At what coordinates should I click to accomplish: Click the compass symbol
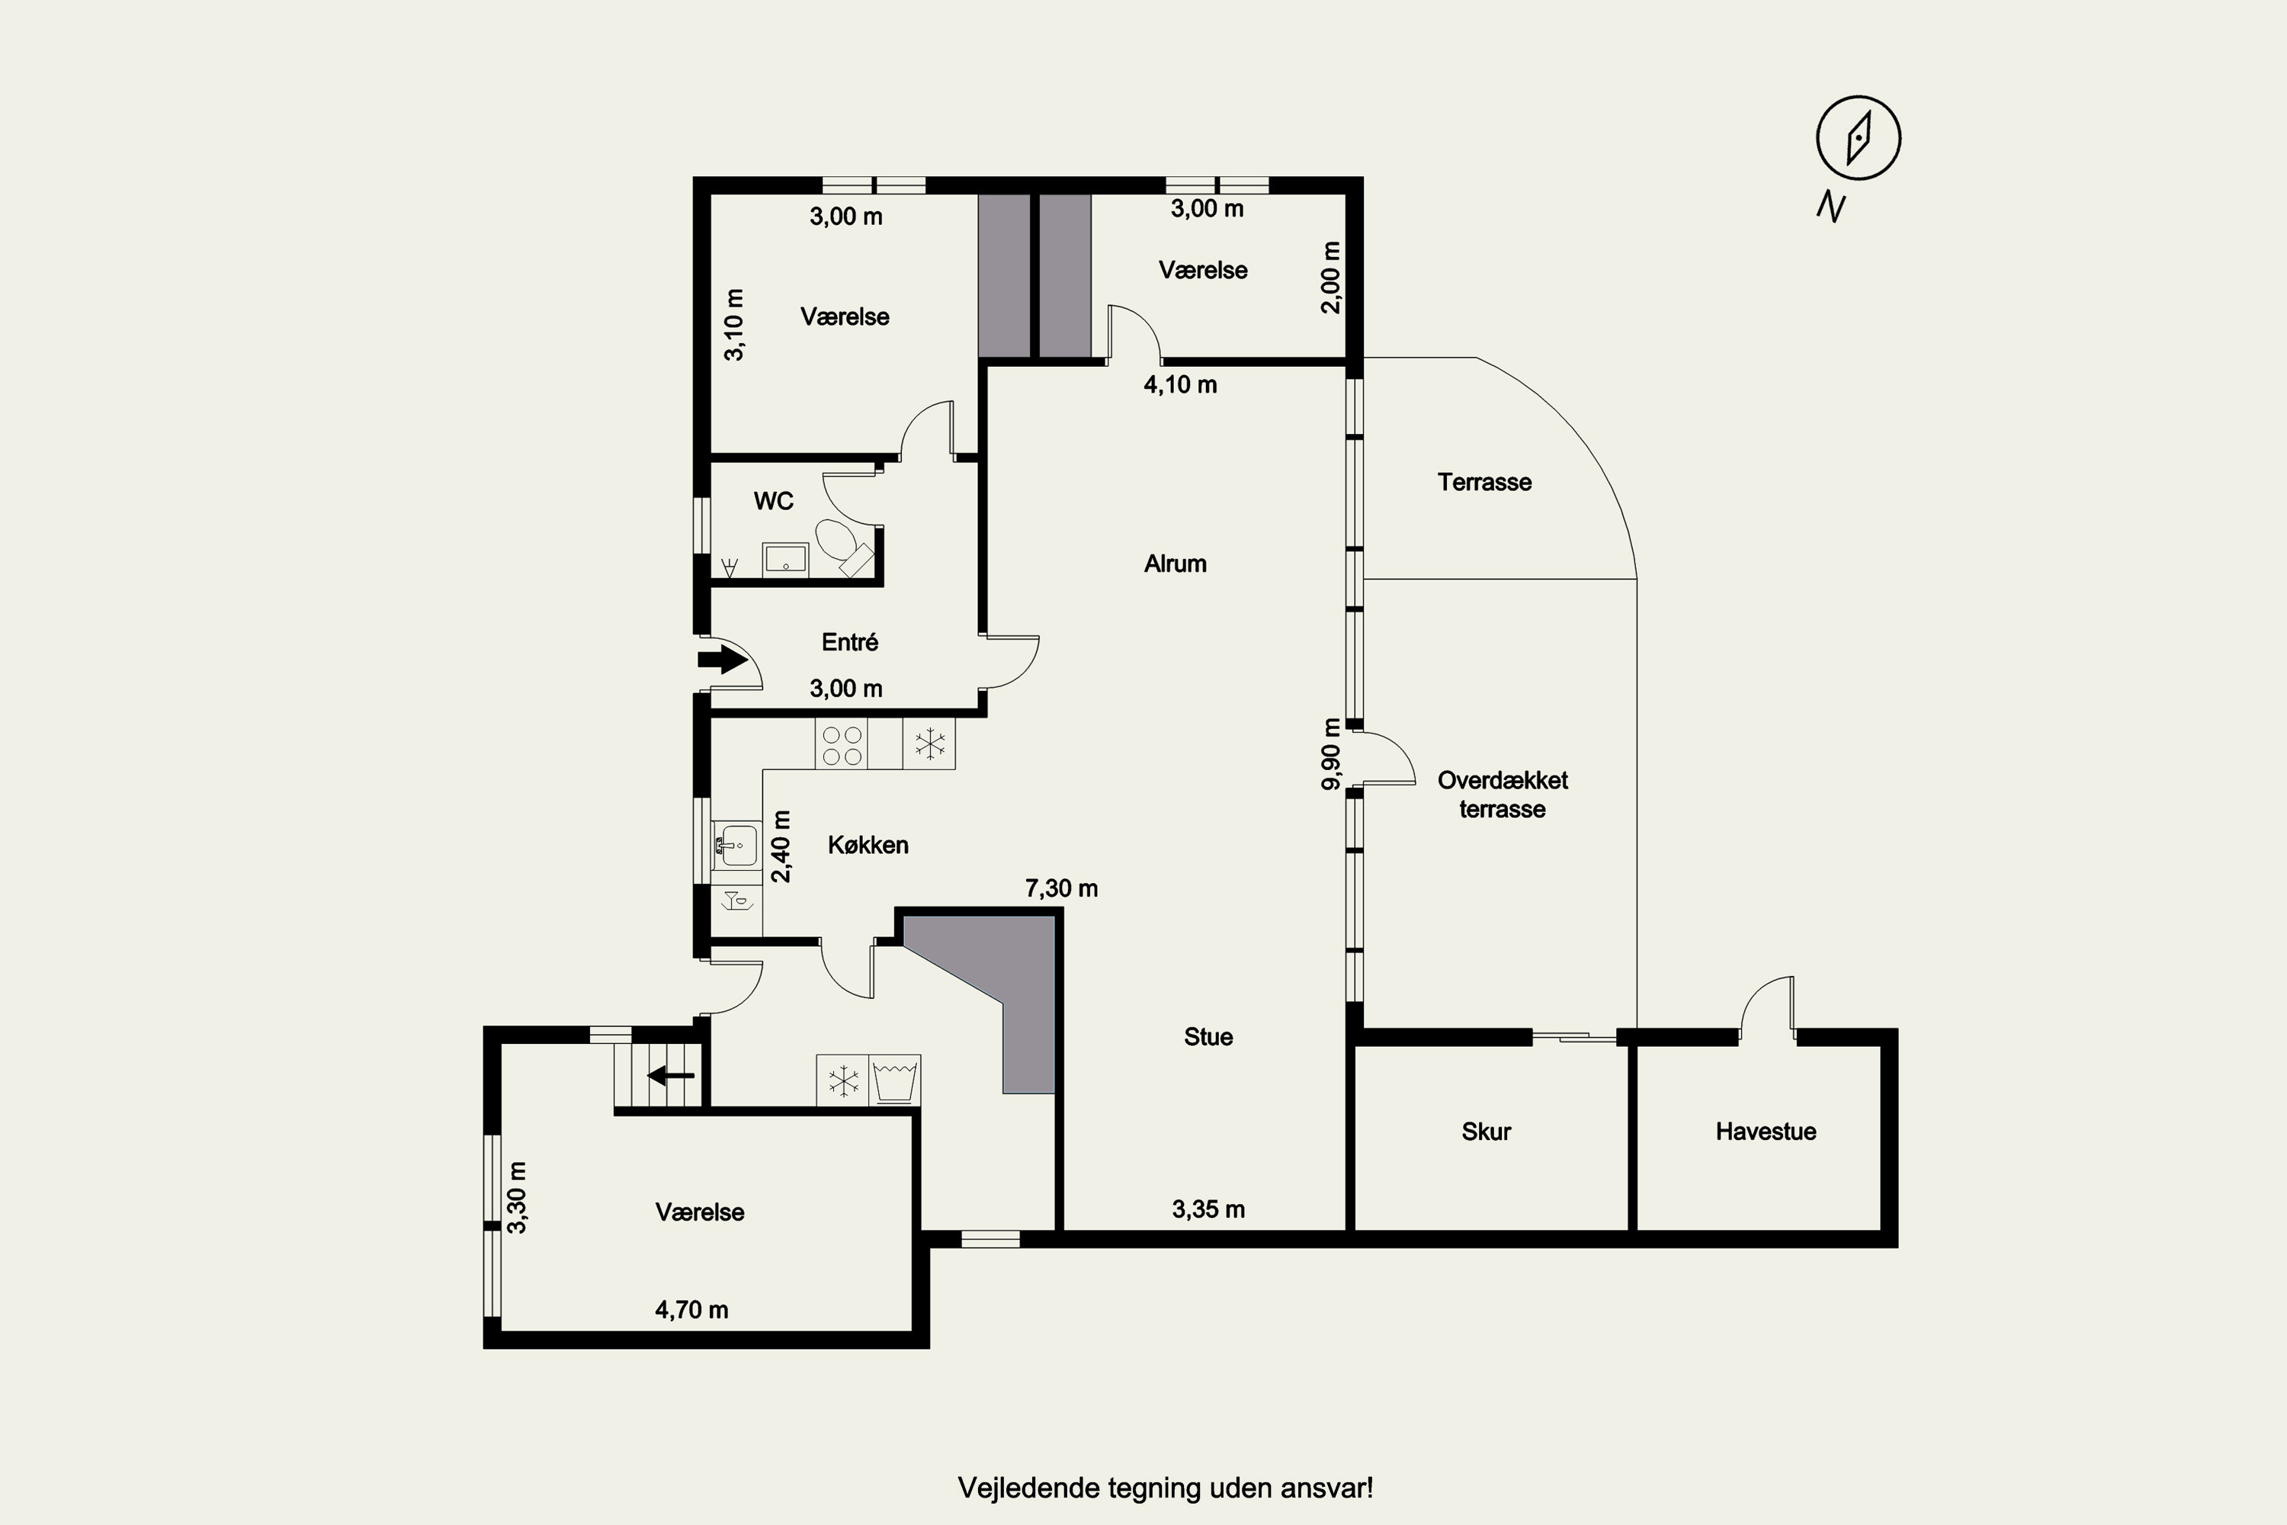1859,137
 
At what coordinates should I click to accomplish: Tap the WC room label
773,501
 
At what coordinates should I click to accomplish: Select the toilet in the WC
841,547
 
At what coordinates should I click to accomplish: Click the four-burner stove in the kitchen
842,744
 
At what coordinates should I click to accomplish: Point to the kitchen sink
736,844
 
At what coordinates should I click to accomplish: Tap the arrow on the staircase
671,1076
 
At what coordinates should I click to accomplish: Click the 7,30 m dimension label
1062,888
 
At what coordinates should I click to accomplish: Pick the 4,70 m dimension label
691,1310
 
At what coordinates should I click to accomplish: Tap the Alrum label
1175,564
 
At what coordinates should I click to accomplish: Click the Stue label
1208,1037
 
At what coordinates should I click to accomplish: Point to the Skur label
1486,1131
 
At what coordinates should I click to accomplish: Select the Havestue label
1766,1131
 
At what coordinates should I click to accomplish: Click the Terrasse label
1485,483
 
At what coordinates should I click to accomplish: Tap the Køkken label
868,845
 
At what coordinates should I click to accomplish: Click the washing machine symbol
894,1080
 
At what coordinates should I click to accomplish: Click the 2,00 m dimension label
1331,278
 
